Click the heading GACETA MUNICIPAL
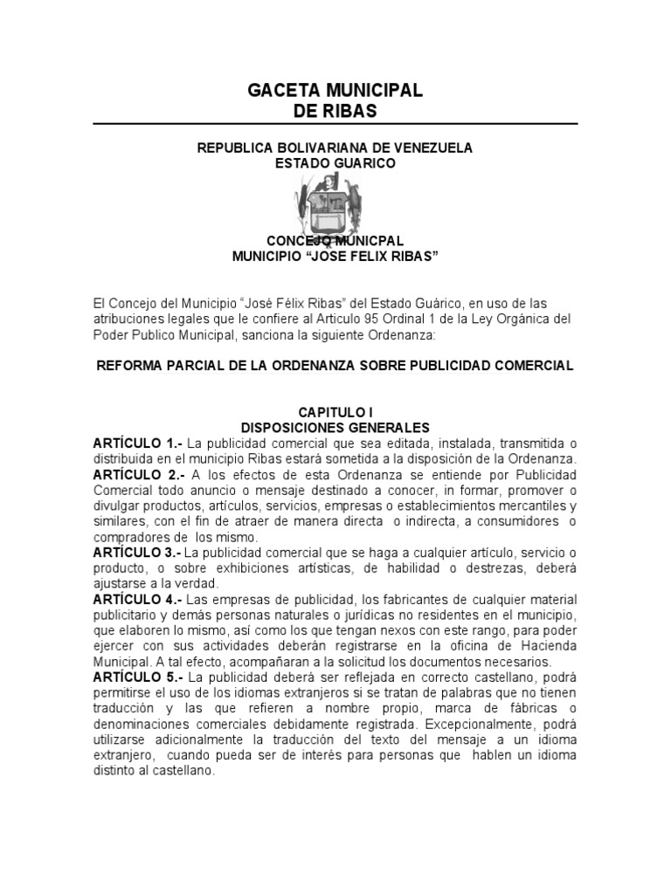pyautogui.click(x=335, y=90)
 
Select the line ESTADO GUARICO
pyautogui.click(x=335, y=163)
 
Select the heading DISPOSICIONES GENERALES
pyautogui.click(x=335, y=428)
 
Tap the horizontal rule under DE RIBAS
pyautogui.click(x=335, y=124)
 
